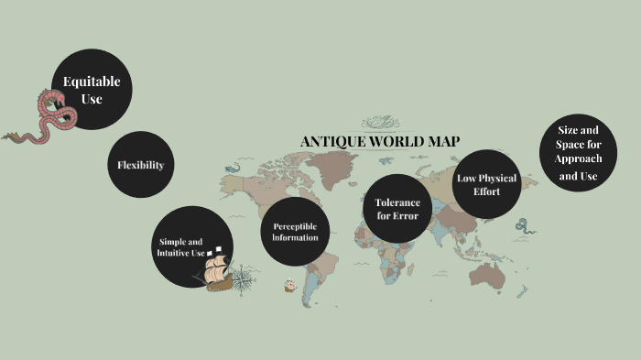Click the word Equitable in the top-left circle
[92, 82]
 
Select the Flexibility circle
[140, 165]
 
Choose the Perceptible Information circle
[295, 232]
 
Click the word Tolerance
[397, 202]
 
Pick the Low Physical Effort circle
[486, 184]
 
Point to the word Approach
[578, 159]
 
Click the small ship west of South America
[290, 284]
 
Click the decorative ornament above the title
[380, 123]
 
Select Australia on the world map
[491, 272]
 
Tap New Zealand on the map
[523, 292]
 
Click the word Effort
[486, 192]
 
